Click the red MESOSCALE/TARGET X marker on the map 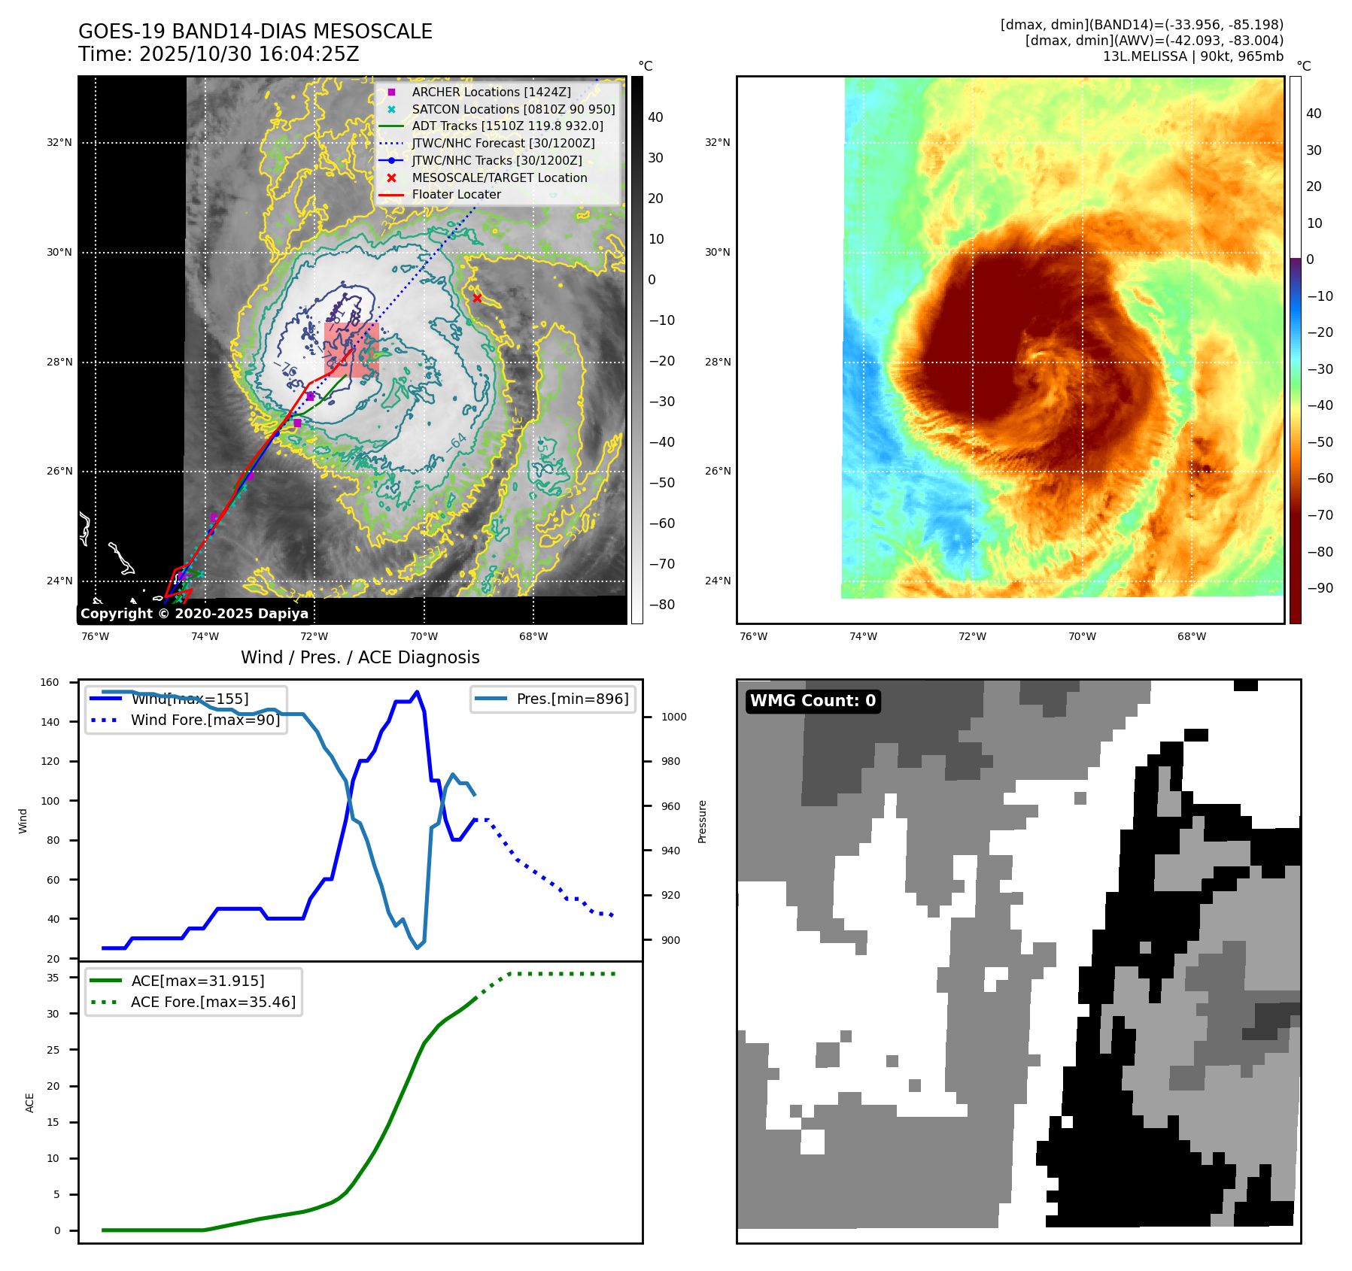[x=477, y=299]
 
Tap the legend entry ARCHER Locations [x=491, y=92]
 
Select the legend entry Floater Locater [x=456, y=194]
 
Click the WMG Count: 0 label [x=813, y=701]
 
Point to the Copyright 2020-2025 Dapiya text [x=194, y=614]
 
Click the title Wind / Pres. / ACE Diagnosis [x=360, y=657]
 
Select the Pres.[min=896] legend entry [x=572, y=699]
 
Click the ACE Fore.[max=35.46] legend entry [x=213, y=1002]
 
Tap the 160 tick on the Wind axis [x=50, y=683]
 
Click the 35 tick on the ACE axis [x=53, y=978]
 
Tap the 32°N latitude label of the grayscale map [x=59, y=142]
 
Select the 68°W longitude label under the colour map [x=1192, y=636]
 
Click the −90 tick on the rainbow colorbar [x=1320, y=588]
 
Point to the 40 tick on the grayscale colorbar [x=655, y=117]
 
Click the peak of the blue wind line [x=418, y=692]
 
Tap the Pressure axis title [x=702, y=821]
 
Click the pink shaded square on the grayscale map [x=351, y=349]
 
